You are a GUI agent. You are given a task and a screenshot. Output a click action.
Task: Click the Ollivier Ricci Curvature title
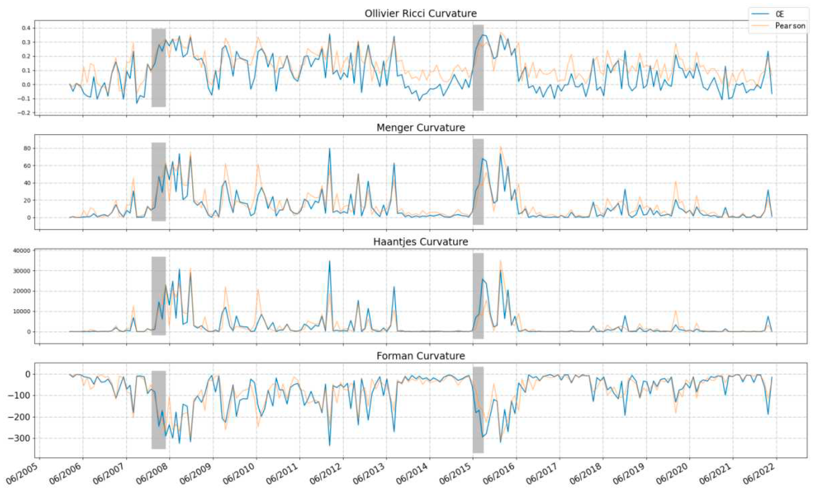420,14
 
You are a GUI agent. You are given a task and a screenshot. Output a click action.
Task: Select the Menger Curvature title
420,128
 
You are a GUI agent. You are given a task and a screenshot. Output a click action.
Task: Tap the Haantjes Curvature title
420,242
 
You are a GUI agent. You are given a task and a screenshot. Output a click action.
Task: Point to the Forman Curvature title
420,356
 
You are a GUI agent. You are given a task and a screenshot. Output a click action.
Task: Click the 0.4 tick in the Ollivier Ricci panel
26,28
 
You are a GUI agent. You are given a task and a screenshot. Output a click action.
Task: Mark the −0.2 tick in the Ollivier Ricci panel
24,113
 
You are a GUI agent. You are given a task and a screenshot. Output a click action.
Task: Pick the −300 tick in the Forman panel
20,439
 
